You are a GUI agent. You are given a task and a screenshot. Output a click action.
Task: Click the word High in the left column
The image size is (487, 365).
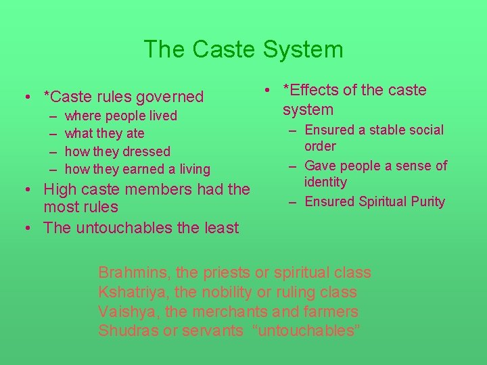60,189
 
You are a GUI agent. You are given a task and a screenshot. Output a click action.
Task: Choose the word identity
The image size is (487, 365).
325,182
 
